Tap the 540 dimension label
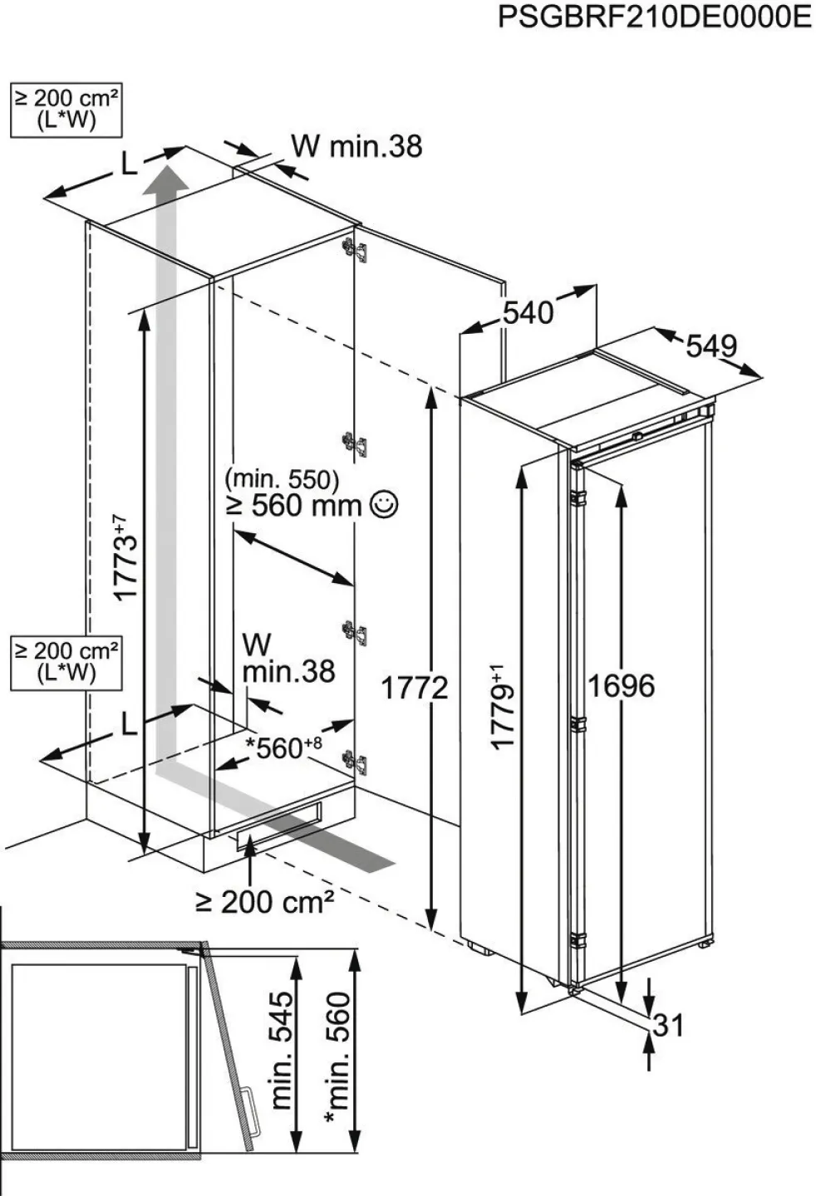tap(528, 313)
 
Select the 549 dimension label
tap(711, 346)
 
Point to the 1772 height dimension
tap(415, 689)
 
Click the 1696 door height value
tap(621, 685)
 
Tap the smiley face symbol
tap(384, 505)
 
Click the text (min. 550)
tap(282, 480)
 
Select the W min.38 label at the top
tap(356, 146)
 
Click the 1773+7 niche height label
tap(126, 557)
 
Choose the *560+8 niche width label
tap(283, 747)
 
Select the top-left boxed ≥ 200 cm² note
tap(66, 110)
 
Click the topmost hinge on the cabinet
tap(356, 249)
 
